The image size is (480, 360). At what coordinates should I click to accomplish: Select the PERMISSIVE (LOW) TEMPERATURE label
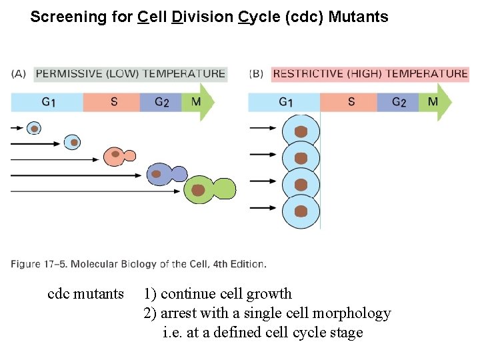pyautogui.click(x=130, y=74)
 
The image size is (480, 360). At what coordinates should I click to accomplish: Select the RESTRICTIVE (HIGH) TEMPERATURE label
pyautogui.click(x=370, y=74)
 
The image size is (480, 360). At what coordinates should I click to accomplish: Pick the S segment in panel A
pyautogui.click(x=113, y=102)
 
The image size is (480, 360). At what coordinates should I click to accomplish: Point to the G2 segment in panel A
pyautogui.click(x=162, y=102)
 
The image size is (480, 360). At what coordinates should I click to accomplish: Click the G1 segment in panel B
pyautogui.click(x=285, y=102)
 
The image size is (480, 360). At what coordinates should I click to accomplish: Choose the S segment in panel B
pyautogui.click(x=351, y=102)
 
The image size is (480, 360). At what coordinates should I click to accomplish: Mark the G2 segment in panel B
pyautogui.click(x=399, y=102)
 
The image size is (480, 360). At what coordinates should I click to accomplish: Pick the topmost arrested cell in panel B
pyautogui.click(x=301, y=132)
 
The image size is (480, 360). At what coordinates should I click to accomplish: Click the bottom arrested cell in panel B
pyautogui.click(x=301, y=211)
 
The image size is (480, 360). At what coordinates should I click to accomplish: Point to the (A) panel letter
pyautogui.click(x=18, y=74)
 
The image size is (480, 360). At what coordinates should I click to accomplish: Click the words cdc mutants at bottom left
pyautogui.click(x=86, y=294)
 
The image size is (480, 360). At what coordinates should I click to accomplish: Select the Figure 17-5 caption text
pyautogui.click(x=139, y=264)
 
